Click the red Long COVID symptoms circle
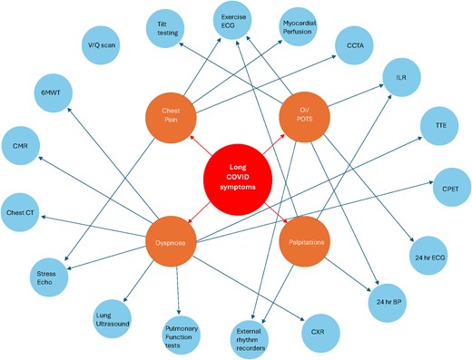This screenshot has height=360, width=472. point(235,173)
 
